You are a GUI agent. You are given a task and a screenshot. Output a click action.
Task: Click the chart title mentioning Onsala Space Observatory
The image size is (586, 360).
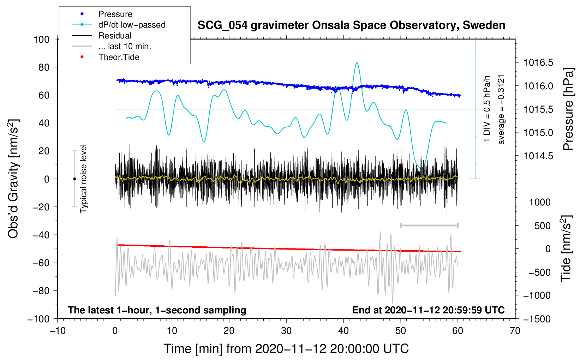pyautogui.click(x=351, y=25)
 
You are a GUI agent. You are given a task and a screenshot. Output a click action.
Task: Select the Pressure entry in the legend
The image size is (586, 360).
pyautogui.click(x=115, y=14)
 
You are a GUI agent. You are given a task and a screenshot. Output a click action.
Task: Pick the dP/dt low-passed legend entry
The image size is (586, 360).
pyautogui.click(x=132, y=25)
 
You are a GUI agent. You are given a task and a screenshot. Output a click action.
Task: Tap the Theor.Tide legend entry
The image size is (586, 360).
pyautogui.click(x=119, y=57)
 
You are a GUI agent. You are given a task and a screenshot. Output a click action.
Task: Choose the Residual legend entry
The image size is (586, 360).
pyautogui.click(x=115, y=36)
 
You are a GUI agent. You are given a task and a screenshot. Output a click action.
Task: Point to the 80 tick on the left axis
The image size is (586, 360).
pyautogui.click(x=44, y=67)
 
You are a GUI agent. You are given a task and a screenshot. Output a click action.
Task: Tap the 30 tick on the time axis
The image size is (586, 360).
pyautogui.click(x=286, y=331)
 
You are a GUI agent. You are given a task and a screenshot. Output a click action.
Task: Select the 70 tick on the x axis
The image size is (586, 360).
pyautogui.click(x=515, y=331)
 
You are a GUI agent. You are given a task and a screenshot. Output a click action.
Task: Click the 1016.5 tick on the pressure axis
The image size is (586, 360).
pyautogui.click(x=538, y=63)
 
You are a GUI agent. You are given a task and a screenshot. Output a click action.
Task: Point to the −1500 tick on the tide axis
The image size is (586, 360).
pyautogui.click(x=537, y=319)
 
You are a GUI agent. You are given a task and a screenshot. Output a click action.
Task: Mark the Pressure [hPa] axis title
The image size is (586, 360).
pyautogui.click(x=568, y=109)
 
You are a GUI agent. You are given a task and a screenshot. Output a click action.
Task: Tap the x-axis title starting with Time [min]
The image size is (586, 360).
pyautogui.click(x=286, y=349)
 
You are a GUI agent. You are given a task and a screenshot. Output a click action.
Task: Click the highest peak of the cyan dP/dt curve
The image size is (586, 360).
pyautogui.click(x=357, y=63)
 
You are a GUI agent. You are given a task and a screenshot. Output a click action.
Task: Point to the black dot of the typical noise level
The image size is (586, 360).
pyautogui.click(x=74, y=179)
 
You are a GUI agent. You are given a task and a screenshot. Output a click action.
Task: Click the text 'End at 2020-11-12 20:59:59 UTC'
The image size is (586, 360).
pyautogui.click(x=428, y=310)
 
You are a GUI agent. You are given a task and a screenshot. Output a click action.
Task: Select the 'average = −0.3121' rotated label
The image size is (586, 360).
pyautogui.click(x=501, y=109)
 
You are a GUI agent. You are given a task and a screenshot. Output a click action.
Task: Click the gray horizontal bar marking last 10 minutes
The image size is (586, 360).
pyautogui.click(x=429, y=225)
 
